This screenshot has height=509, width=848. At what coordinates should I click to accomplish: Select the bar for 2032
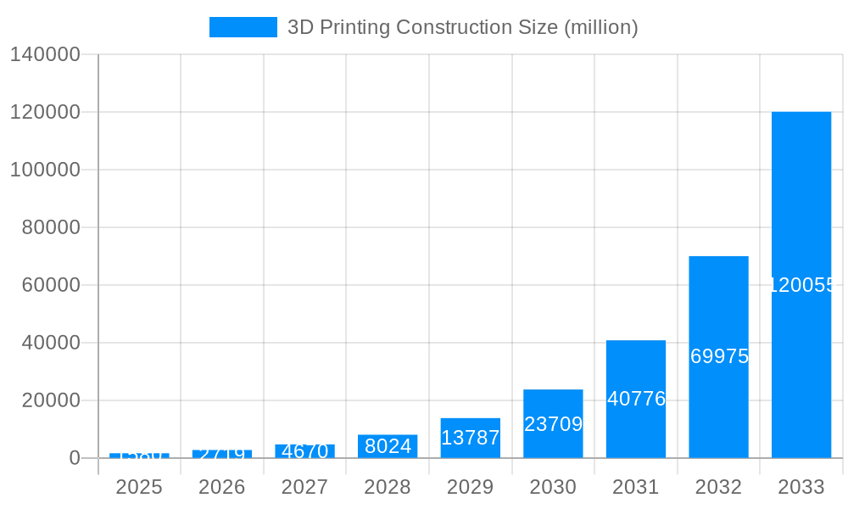(x=718, y=305)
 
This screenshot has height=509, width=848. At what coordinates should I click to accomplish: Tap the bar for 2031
(x=636, y=365)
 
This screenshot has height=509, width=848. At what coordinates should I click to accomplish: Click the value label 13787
(x=470, y=438)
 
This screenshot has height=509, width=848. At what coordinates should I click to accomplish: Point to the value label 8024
(x=388, y=446)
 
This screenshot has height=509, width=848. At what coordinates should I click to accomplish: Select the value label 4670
(x=304, y=451)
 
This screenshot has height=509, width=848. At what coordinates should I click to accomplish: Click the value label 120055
(x=802, y=285)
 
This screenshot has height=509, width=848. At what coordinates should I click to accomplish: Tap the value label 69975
(x=719, y=356)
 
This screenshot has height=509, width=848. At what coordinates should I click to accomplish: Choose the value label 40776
(x=636, y=399)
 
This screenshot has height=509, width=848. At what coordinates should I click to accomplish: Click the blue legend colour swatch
(x=243, y=27)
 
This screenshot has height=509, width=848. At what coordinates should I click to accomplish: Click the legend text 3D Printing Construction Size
(x=462, y=27)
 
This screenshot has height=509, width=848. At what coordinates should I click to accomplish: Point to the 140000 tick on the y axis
(x=44, y=54)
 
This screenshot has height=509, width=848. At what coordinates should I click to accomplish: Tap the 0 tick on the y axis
(x=74, y=458)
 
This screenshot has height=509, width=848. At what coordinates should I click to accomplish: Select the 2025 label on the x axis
(x=139, y=487)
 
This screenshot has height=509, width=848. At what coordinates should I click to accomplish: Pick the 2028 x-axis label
(x=388, y=487)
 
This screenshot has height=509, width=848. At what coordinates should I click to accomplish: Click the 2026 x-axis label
(x=222, y=487)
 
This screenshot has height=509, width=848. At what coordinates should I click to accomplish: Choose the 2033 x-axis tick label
(x=801, y=487)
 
